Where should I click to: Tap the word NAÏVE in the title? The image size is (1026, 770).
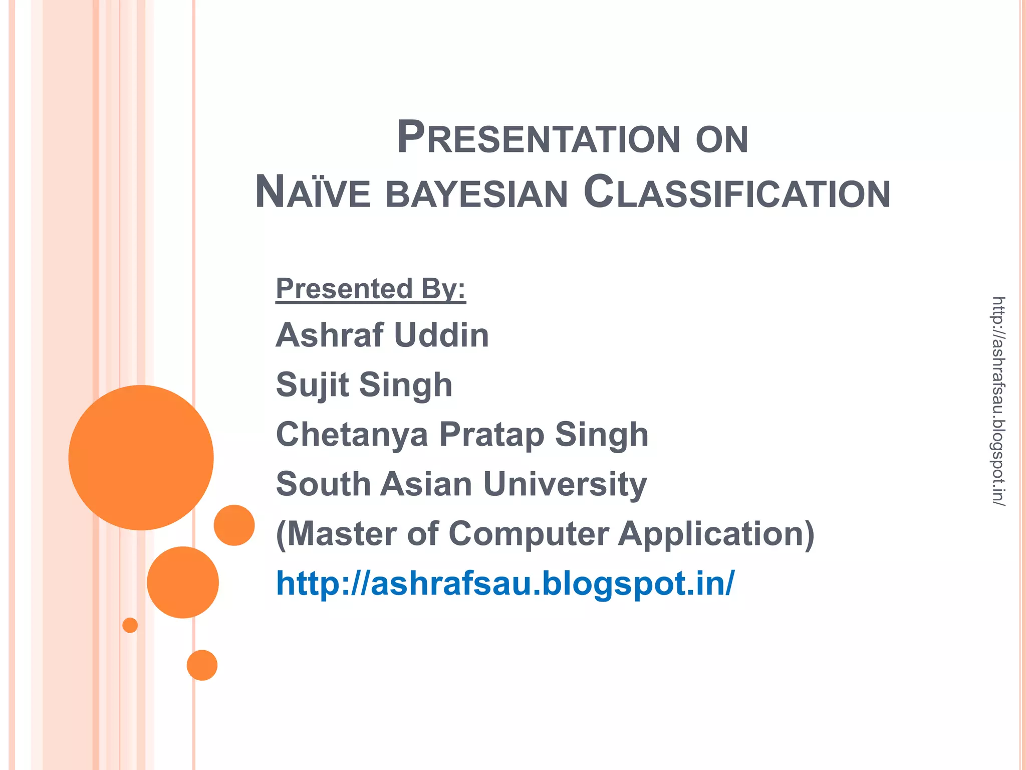(x=313, y=192)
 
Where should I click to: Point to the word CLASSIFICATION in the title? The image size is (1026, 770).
(x=737, y=192)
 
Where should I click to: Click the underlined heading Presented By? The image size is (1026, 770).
(x=371, y=289)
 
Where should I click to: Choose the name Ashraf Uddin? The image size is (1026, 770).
(x=382, y=335)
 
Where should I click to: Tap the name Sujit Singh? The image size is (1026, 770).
(x=364, y=384)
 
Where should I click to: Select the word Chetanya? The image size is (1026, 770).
(x=352, y=434)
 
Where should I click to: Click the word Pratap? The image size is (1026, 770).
(x=491, y=434)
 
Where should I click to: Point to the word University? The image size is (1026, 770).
(x=565, y=484)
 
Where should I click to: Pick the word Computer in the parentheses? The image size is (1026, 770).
(x=529, y=533)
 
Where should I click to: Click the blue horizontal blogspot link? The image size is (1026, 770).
(x=505, y=583)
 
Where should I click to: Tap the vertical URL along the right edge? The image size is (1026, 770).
(x=998, y=401)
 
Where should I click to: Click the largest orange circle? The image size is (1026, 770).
(x=141, y=457)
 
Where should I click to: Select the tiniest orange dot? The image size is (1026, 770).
(x=130, y=625)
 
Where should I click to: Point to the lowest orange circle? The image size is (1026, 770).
(x=202, y=665)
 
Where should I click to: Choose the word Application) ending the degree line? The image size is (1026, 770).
(x=716, y=533)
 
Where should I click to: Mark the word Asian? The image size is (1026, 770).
(x=426, y=484)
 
